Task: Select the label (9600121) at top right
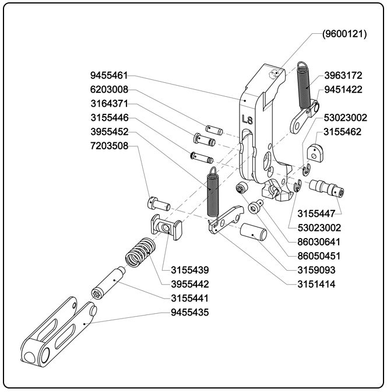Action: point(344,34)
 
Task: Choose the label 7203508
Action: point(109,146)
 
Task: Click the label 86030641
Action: point(319,242)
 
